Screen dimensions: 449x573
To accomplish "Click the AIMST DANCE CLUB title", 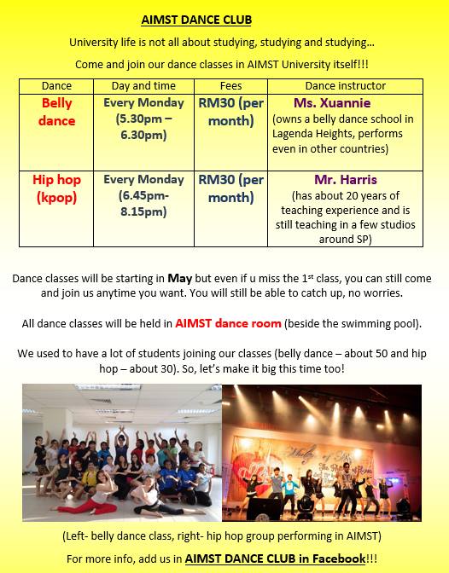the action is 196,20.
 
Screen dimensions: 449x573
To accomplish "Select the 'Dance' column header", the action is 56,86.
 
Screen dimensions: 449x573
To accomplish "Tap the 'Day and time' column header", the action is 143,86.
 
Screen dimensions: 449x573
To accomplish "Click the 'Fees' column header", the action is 231,86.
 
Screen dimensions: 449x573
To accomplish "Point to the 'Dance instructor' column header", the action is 346,86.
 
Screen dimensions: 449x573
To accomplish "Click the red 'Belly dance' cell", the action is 56,112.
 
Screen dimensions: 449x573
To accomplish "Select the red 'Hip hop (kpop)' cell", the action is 56,188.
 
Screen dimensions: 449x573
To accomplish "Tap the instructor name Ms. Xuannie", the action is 332,102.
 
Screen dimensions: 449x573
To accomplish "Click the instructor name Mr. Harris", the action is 346,179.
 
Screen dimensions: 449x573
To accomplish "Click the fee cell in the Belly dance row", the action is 231,112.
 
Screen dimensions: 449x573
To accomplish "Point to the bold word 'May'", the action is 179,279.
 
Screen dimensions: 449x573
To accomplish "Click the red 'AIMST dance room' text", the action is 228,323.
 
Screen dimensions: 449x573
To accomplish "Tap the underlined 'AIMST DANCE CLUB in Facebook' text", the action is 275,559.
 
